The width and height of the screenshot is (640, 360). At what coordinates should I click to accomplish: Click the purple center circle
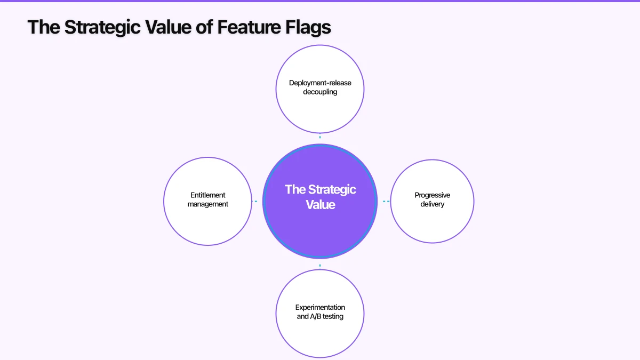click(320, 224)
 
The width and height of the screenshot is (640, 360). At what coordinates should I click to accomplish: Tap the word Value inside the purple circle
click(321, 204)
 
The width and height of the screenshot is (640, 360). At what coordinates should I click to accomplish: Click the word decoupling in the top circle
click(320, 92)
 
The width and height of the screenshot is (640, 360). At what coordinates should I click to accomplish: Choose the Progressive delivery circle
click(432, 224)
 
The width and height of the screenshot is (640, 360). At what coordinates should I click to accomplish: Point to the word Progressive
click(432, 195)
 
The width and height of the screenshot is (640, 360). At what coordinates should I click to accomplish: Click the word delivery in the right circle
click(432, 204)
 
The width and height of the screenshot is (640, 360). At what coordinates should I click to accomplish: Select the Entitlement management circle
click(208, 224)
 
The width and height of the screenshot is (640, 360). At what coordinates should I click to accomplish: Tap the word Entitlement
click(208, 195)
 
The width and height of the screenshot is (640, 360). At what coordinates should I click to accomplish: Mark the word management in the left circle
click(208, 204)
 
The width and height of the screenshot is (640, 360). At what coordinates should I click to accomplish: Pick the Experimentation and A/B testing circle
click(320, 336)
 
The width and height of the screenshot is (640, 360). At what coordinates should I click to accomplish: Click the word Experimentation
click(320, 307)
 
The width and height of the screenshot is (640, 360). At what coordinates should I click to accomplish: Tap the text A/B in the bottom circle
click(317, 316)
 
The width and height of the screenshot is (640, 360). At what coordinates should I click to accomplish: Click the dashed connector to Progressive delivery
click(386, 201)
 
